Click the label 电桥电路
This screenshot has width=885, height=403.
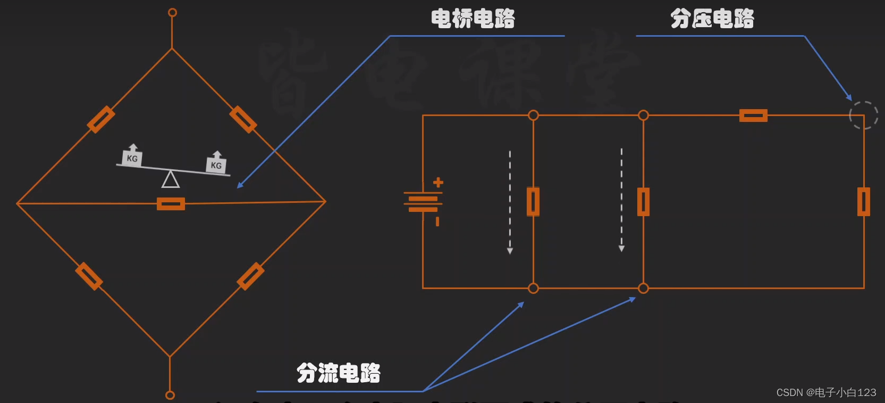click(473, 19)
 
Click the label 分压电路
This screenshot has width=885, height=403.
click(712, 19)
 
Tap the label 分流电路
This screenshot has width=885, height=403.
click(339, 373)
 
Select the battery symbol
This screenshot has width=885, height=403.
click(423, 202)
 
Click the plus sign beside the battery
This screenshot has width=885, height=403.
click(438, 183)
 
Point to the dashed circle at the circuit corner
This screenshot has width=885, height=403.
click(863, 115)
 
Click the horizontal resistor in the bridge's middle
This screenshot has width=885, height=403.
click(171, 204)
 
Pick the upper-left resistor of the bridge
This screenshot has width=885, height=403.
click(101, 119)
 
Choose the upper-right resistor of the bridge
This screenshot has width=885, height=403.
click(243, 119)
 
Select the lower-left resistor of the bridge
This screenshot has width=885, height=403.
click(89, 276)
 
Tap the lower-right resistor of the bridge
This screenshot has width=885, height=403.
click(250, 276)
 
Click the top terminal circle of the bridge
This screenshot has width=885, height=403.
click(172, 13)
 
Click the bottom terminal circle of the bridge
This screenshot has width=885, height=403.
click(170, 395)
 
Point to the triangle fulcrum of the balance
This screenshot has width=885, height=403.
click(171, 179)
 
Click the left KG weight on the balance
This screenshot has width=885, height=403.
click(132, 157)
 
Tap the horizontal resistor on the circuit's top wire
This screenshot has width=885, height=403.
click(753, 116)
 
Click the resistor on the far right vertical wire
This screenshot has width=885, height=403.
click(864, 202)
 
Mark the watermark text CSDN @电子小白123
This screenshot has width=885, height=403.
click(826, 392)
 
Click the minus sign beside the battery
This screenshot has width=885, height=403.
click(437, 221)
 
